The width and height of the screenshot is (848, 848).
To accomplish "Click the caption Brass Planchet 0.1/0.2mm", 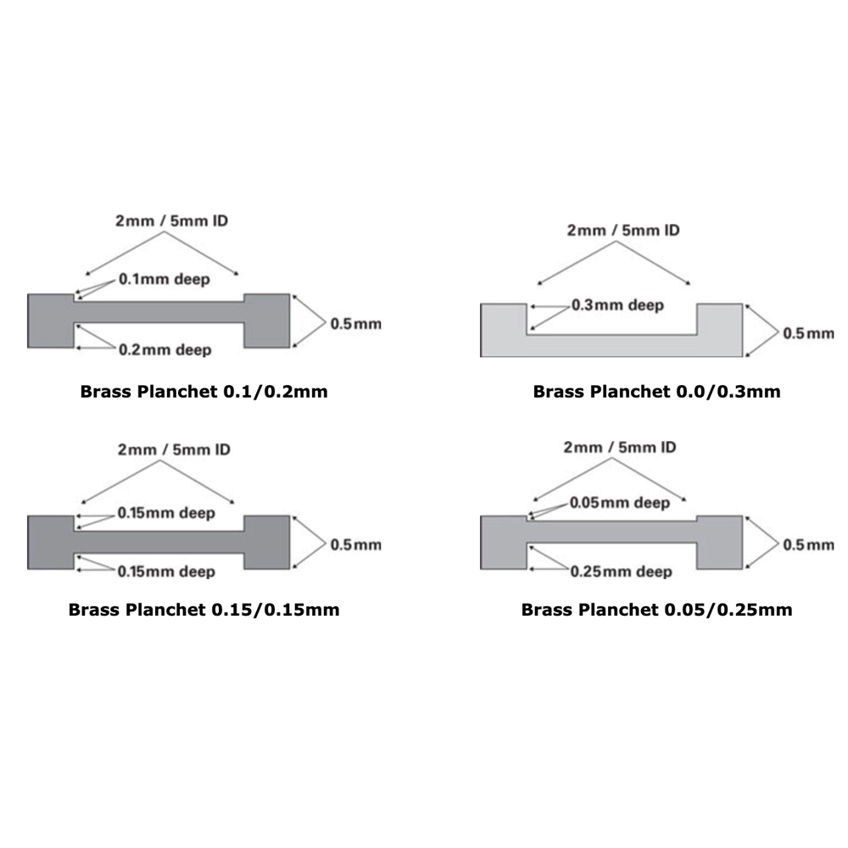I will (204, 392).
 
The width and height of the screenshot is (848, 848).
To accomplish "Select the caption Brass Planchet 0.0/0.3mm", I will (656, 392).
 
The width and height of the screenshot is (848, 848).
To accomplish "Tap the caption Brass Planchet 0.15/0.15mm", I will (204, 610).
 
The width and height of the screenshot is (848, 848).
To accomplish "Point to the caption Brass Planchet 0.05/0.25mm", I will (656, 610).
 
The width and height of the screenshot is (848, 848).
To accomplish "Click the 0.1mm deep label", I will (165, 278).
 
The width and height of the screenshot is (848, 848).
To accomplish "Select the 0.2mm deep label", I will (165, 350).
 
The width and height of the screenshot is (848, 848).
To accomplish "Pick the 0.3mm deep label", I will (617, 305).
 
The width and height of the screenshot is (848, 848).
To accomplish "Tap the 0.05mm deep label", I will (621, 503).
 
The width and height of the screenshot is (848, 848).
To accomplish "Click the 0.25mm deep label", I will (621, 572).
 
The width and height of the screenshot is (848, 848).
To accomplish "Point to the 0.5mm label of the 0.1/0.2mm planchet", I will (356, 323).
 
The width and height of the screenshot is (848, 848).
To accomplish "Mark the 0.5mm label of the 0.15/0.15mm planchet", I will (356, 544).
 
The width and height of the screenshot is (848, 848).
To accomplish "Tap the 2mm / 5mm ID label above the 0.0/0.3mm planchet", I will (623, 230).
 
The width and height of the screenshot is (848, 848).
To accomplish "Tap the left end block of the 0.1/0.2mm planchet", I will (51, 321).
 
